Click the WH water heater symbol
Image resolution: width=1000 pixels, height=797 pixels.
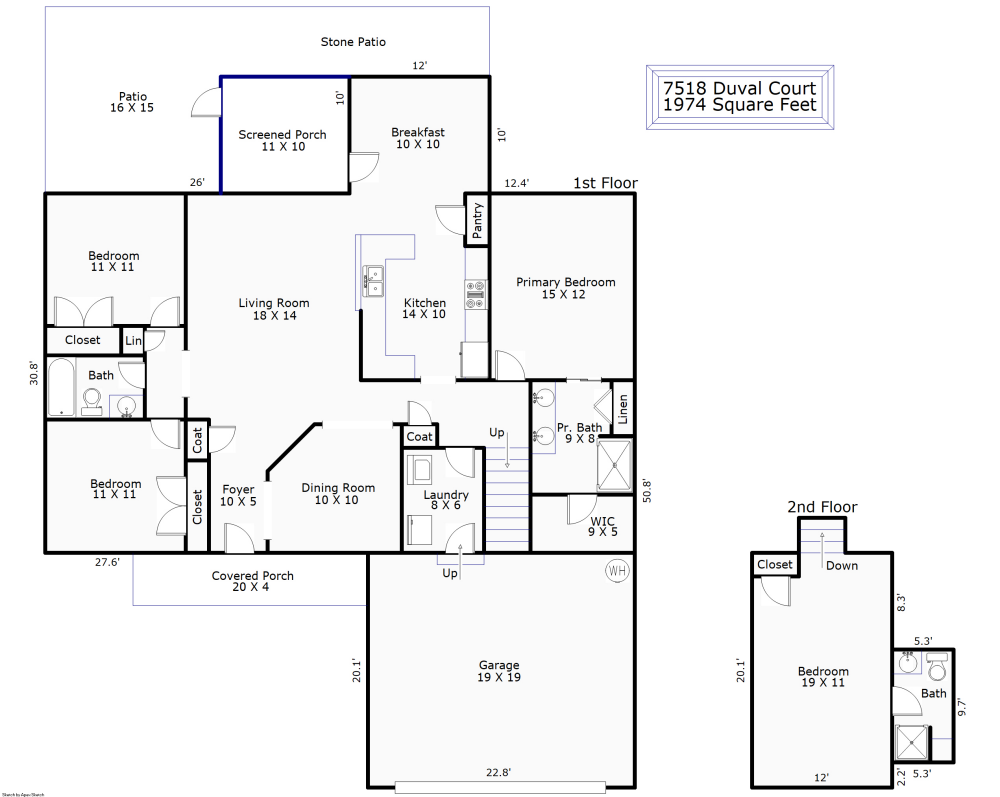click(x=615, y=571)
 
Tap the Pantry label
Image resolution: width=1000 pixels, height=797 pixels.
click(x=478, y=218)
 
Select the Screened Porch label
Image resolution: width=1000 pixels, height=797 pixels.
click(x=282, y=140)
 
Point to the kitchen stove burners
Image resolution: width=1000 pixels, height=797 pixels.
click(x=475, y=292)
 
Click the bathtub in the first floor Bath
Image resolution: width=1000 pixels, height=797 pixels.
click(x=61, y=390)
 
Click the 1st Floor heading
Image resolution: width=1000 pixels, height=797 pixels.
click(x=605, y=183)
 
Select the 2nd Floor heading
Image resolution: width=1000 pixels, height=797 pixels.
click(x=822, y=507)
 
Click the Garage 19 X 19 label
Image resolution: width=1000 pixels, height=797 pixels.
click(x=499, y=671)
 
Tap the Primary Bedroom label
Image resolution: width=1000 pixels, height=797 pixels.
click(x=565, y=288)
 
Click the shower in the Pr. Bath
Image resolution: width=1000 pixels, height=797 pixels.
click(x=614, y=465)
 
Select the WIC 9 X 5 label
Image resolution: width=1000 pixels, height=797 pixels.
click(x=603, y=526)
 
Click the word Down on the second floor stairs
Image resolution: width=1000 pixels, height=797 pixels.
click(x=842, y=565)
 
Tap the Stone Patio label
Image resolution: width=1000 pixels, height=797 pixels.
click(x=353, y=42)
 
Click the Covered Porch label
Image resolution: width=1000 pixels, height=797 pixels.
click(x=253, y=581)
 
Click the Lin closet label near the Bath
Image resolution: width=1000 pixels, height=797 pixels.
click(x=133, y=341)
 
